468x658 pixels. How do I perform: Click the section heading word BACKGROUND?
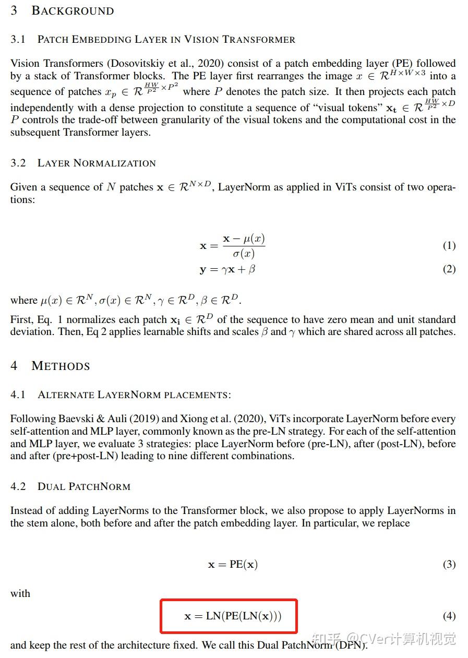pyautogui.click(x=73, y=11)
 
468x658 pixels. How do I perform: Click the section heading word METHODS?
pyautogui.click(x=61, y=366)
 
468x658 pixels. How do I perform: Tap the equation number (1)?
pyautogui.click(x=449, y=245)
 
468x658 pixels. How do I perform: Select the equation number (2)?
pyautogui.click(x=449, y=269)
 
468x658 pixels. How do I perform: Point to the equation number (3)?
pyautogui.click(x=449, y=564)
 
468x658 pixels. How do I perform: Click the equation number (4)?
pyautogui.click(x=449, y=616)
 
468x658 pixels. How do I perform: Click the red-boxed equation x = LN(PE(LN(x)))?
pyautogui.click(x=233, y=616)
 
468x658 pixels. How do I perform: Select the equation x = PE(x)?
pyautogui.click(x=233, y=565)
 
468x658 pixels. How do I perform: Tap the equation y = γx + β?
pyautogui.click(x=227, y=270)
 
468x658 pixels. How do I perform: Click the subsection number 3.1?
pyautogui.click(x=18, y=40)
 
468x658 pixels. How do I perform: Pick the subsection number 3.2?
pyautogui.click(x=18, y=163)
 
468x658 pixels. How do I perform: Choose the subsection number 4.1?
pyautogui.click(x=18, y=395)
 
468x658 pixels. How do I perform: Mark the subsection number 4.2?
pyautogui.click(x=18, y=486)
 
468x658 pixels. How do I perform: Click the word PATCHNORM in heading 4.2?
pyautogui.click(x=102, y=487)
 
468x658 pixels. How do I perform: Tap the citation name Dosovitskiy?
pyautogui.click(x=137, y=64)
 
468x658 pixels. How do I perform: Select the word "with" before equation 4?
pyautogui.click(x=20, y=593)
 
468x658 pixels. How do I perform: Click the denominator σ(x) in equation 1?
pyautogui.click(x=244, y=254)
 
